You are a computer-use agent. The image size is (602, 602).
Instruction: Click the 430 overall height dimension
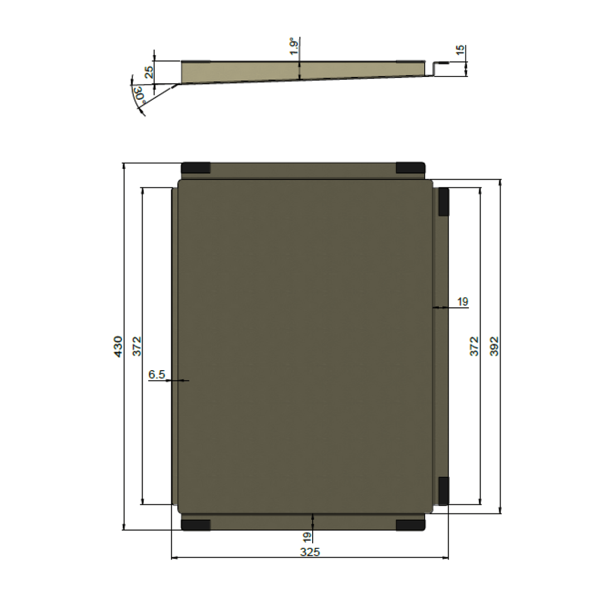(x=118, y=346)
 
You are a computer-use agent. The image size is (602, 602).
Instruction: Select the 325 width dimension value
(x=310, y=552)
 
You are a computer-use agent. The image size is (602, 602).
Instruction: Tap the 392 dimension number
(x=493, y=346)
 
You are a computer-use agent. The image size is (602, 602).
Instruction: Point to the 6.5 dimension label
(x=157, y=375)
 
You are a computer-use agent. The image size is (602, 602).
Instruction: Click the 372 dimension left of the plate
(x=137, y=346)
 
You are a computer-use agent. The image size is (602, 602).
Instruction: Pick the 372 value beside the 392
(x=474, y=346)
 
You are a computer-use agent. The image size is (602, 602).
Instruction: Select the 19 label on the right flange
(x=463, y=302)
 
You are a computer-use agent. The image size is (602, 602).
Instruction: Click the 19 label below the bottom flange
(x=307, y=538)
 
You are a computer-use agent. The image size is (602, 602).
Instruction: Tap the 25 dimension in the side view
(x=148, y=72)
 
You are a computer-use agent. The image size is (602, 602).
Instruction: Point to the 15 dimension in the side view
(x=460, y=51)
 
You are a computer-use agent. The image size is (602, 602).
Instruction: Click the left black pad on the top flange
(x=196, y=168)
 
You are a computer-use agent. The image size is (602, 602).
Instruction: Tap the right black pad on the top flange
(x=410, y=168)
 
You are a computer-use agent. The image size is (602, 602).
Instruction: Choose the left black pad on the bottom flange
(x=196, y=525)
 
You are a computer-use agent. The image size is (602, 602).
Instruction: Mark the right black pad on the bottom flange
(x=410, y=525)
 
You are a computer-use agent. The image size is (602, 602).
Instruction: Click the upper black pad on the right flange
(x=444, y=202)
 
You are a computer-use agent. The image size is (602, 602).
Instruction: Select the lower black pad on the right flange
(x=444, y=491)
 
